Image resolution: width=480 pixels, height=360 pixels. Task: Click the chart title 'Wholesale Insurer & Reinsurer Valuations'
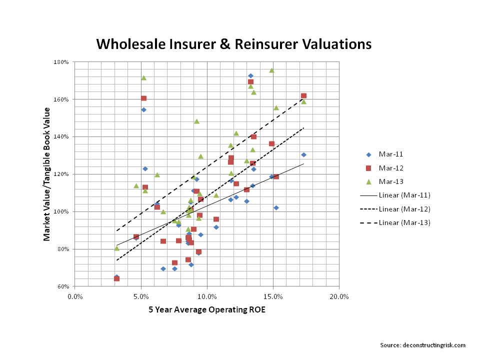(x=233, y=44)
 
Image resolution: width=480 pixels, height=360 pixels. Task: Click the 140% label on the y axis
(x=64, y=137)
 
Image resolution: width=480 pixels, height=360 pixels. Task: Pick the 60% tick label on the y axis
(x=65, y=287)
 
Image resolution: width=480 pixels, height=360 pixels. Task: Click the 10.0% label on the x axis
(x=207, y=296)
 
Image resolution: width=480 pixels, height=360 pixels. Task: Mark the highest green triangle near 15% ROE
(x=271, y=70)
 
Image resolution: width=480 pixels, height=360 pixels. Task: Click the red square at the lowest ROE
(x=116, y=278)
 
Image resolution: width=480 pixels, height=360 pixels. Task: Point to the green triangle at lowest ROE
(x=116, y=248)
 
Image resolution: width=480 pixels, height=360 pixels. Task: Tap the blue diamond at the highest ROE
(x=303, y=154)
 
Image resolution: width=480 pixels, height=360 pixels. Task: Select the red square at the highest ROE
(x=303, y=95)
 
